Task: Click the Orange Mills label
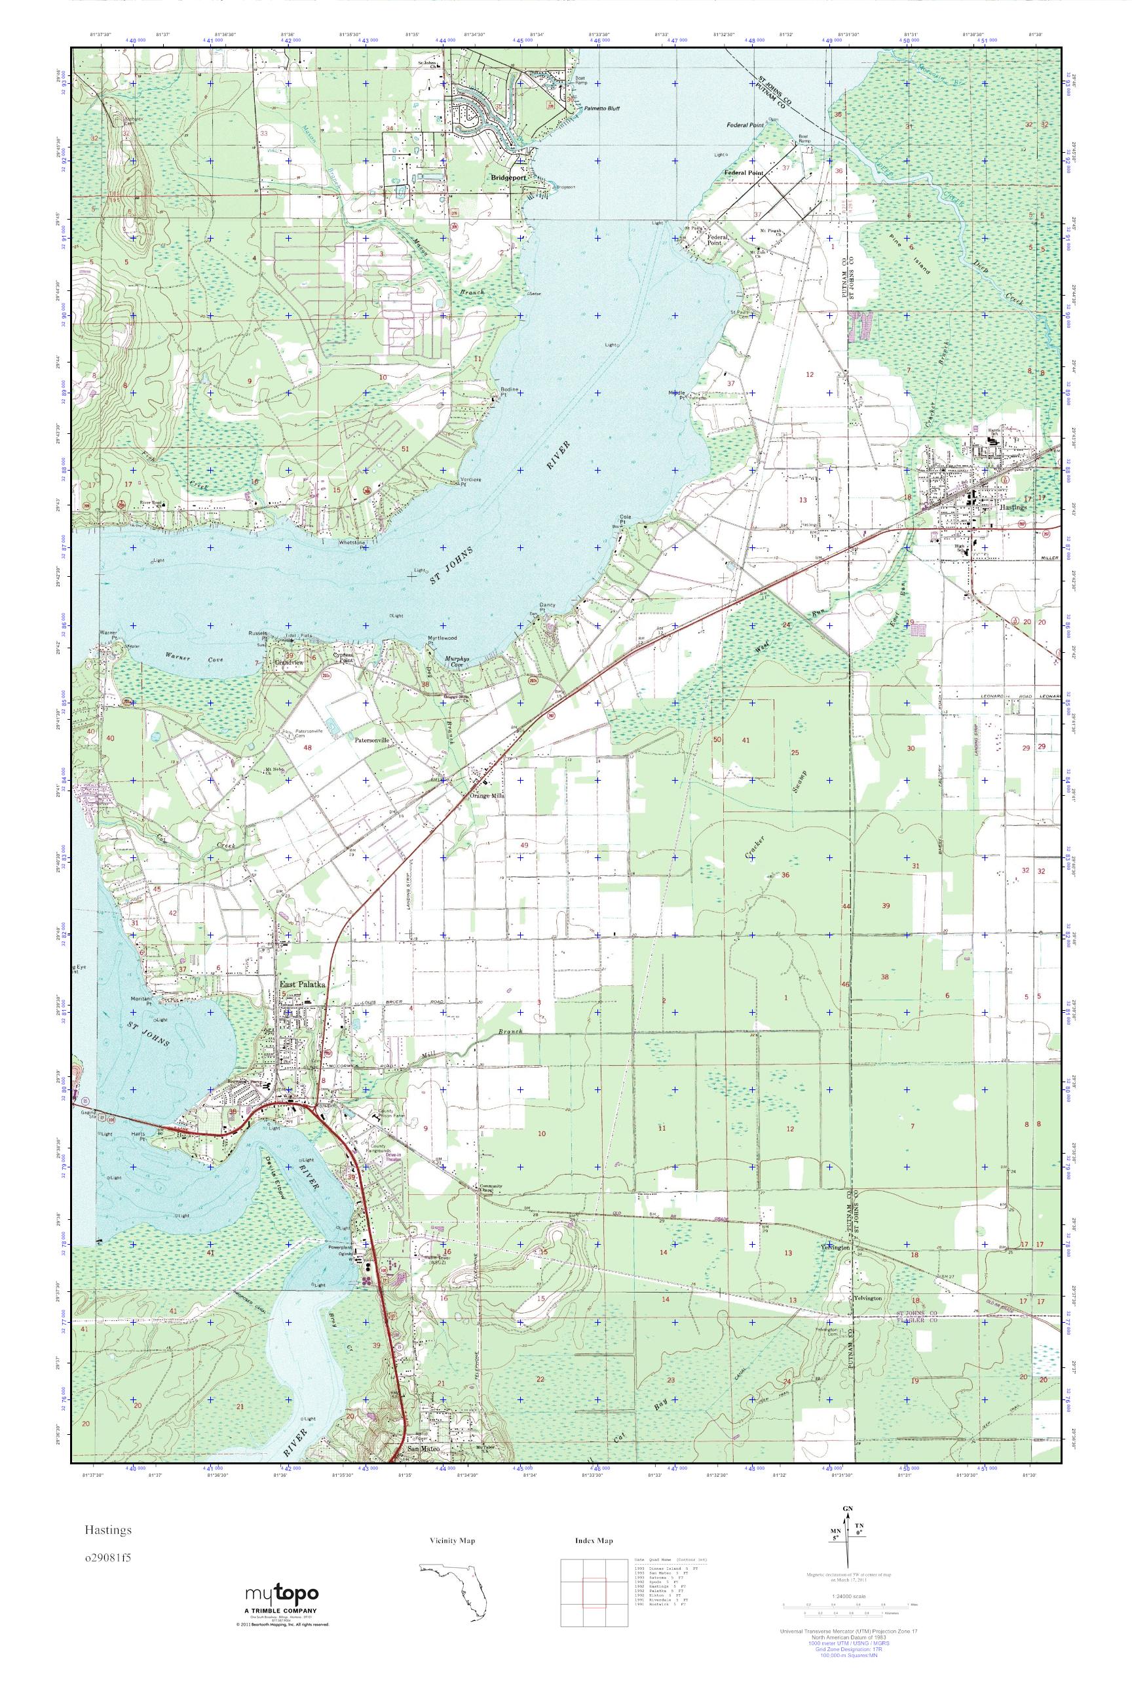click(487, 795)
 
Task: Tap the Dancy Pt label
click(546, 609)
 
